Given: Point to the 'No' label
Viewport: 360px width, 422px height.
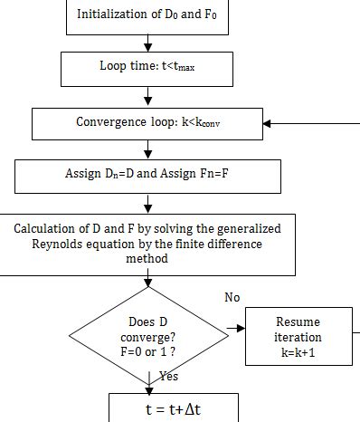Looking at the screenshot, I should click(232, 297).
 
